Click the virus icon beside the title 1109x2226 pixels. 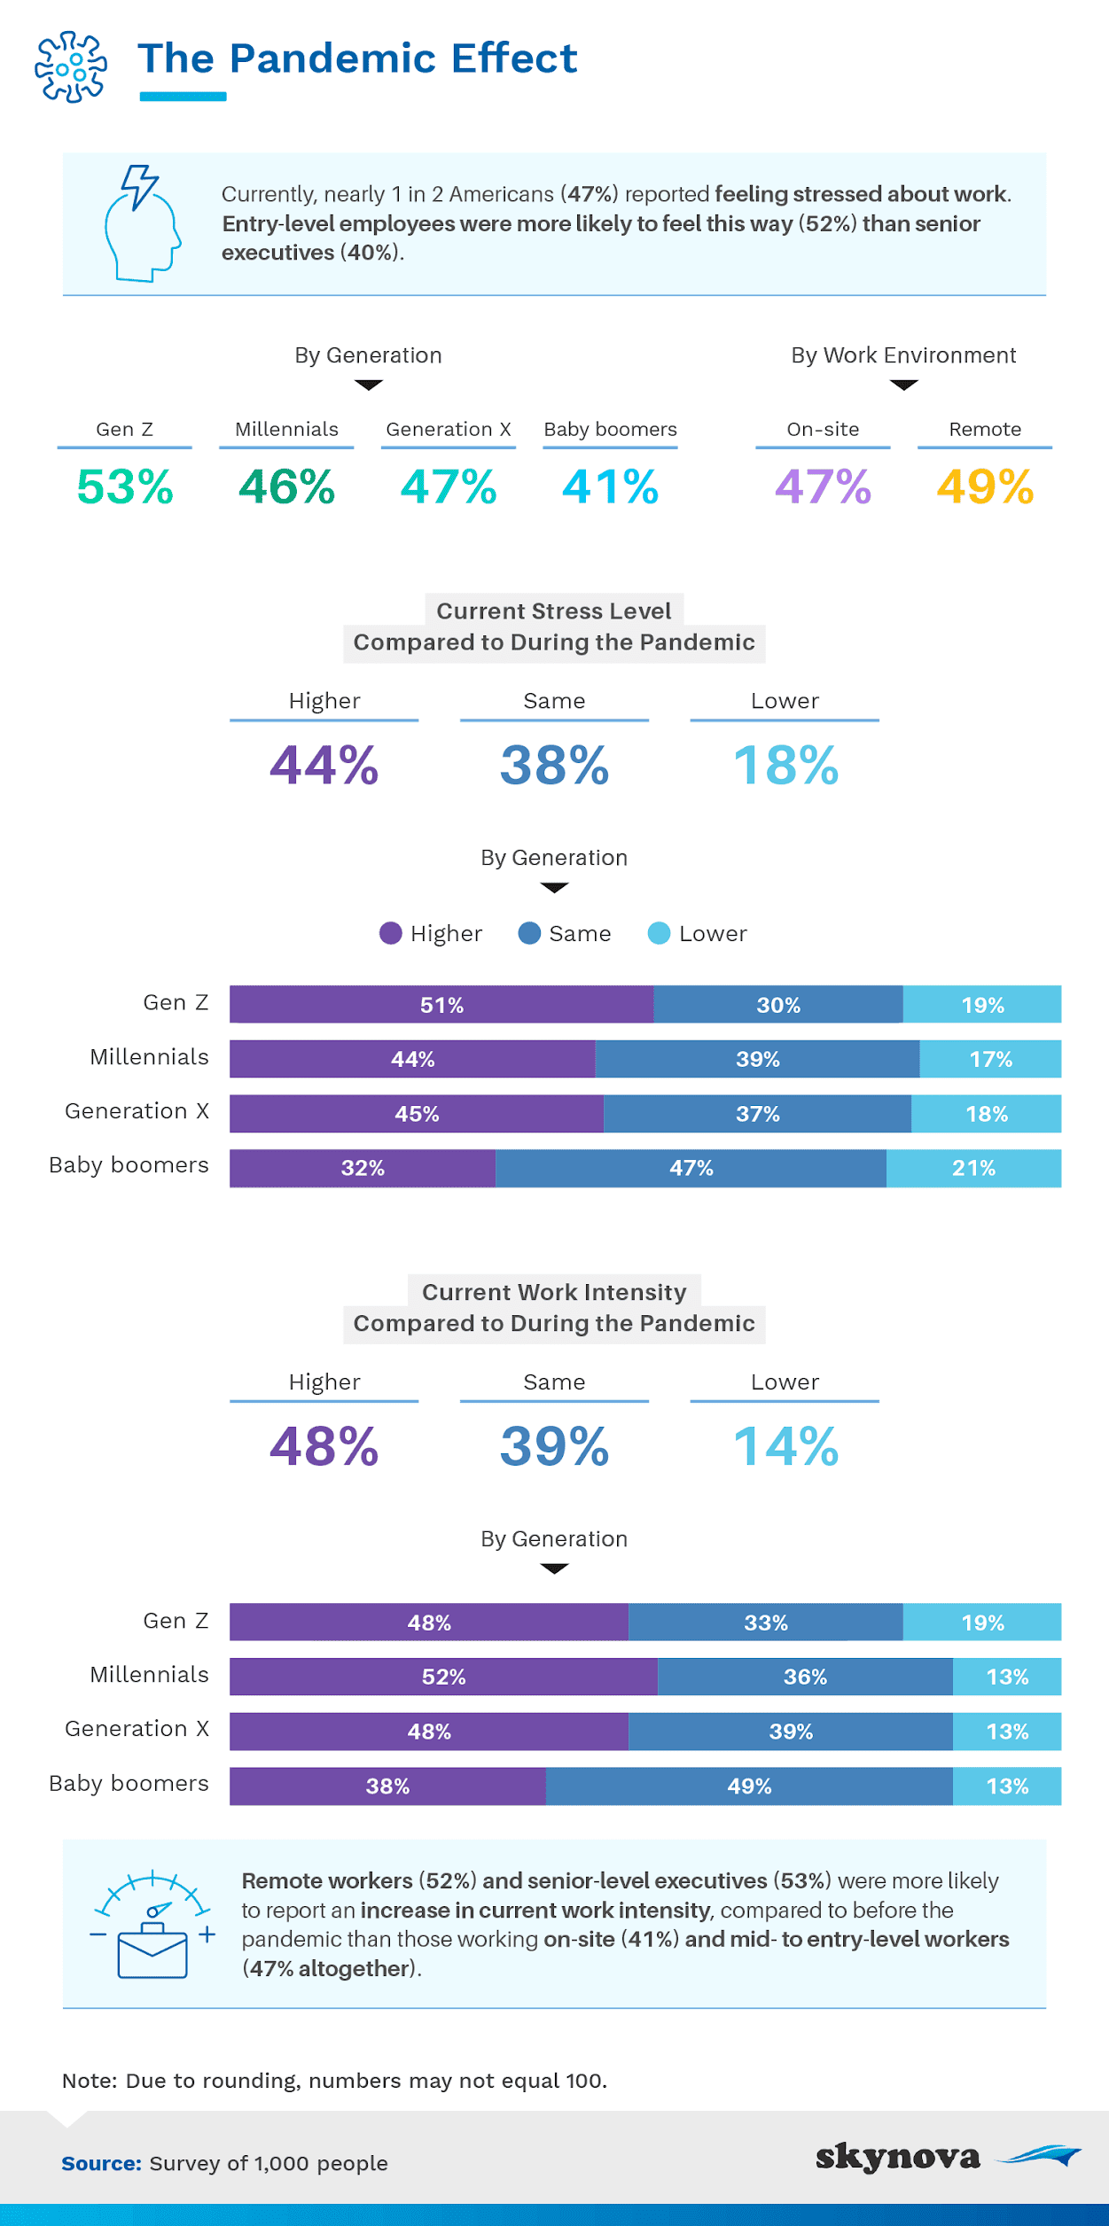71,66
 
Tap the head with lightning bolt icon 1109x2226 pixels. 142,223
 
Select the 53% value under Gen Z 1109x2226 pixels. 125,486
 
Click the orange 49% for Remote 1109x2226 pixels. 985,486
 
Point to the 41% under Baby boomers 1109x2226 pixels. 610,486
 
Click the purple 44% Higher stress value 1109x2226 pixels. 324,765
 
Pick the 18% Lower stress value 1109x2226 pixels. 785,765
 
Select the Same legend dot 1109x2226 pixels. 529,933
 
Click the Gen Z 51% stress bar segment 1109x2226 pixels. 441,1005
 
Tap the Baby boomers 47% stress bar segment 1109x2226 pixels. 691,1168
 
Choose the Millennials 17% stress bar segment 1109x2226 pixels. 990,1059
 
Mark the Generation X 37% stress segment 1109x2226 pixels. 757,1114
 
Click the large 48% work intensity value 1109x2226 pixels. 324,1446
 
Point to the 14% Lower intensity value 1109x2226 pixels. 785,1446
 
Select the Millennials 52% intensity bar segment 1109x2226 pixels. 443,1677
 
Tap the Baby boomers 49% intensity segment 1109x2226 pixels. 749,1786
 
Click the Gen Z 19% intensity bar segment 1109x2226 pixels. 982,1623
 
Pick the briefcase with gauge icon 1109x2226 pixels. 152,1924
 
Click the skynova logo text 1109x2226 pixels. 898,2156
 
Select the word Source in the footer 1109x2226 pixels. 101,2163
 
